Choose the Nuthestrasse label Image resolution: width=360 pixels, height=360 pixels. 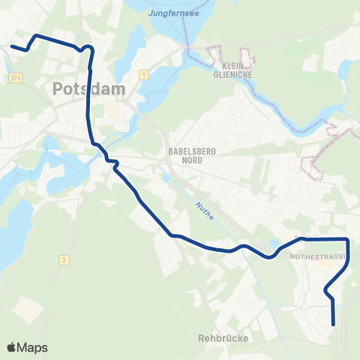point(316,256)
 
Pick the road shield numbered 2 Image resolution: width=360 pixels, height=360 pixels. point(65,259)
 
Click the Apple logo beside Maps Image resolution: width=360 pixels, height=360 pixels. point(12,348)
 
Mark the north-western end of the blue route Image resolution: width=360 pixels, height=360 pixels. point(11,46)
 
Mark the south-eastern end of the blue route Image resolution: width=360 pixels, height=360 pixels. point(333,325)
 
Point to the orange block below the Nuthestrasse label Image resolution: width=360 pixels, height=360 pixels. point(325,264)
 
